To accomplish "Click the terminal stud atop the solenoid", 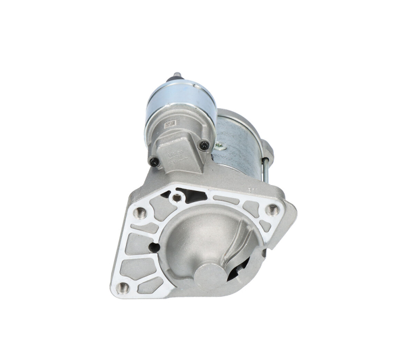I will pos(176,76).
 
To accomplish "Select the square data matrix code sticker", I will pos(170,124).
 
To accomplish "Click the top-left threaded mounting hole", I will pos(140,212).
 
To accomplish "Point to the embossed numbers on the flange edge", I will pos(252,190).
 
